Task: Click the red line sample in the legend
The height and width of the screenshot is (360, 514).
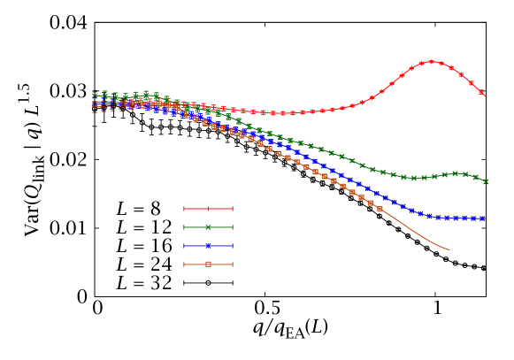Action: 208,209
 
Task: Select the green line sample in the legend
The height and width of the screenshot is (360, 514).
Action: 208,227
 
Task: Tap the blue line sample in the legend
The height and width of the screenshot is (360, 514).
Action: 208,246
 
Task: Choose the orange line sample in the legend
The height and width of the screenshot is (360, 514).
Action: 208,264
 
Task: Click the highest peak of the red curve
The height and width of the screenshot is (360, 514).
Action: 432,62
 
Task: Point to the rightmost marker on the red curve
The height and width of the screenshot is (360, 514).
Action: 482,93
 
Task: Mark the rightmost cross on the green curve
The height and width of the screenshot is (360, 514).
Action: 486,181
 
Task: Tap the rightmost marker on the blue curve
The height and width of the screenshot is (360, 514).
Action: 482,218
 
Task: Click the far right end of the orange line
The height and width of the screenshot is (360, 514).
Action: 449,250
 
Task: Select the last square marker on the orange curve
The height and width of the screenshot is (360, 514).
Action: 380,210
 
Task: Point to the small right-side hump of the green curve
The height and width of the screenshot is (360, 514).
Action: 456,173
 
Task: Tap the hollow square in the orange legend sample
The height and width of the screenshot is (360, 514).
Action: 208,264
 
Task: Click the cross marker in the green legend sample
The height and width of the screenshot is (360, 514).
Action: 208,227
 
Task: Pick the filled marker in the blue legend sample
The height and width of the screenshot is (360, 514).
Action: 208,246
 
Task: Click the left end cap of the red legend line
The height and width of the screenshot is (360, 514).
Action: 184,209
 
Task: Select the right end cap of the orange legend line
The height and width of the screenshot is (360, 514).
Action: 232,264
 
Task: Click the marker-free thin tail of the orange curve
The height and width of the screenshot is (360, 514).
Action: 416,233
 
